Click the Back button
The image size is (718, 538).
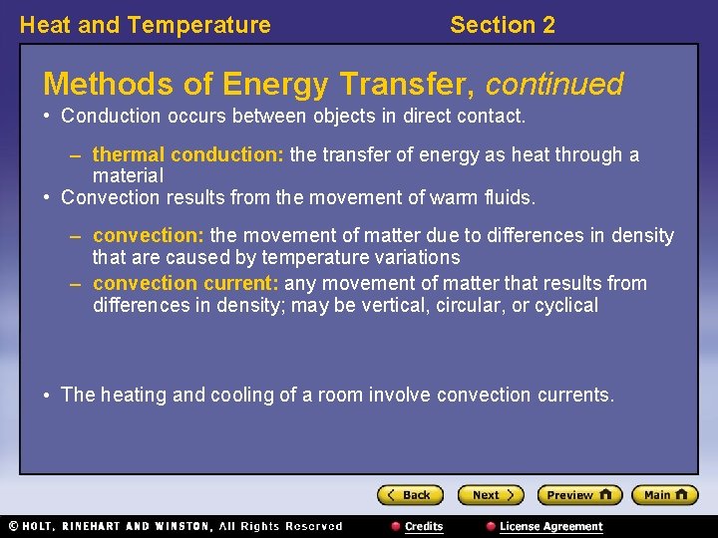point(410,495)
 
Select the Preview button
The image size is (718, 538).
point(578,495)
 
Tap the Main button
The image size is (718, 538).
point(665,495)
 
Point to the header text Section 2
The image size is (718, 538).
point(502,25)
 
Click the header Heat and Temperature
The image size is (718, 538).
point(145,25)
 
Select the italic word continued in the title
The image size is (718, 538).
point(554,84)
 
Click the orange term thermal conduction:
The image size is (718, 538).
point(188,155)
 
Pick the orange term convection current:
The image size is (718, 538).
point(185,284)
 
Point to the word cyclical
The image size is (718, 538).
point(566,305)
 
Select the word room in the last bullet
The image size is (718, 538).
point(340,395)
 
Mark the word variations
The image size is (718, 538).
point(414,257)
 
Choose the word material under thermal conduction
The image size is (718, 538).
point(128,175)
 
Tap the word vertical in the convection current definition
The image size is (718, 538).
point(393,305)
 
